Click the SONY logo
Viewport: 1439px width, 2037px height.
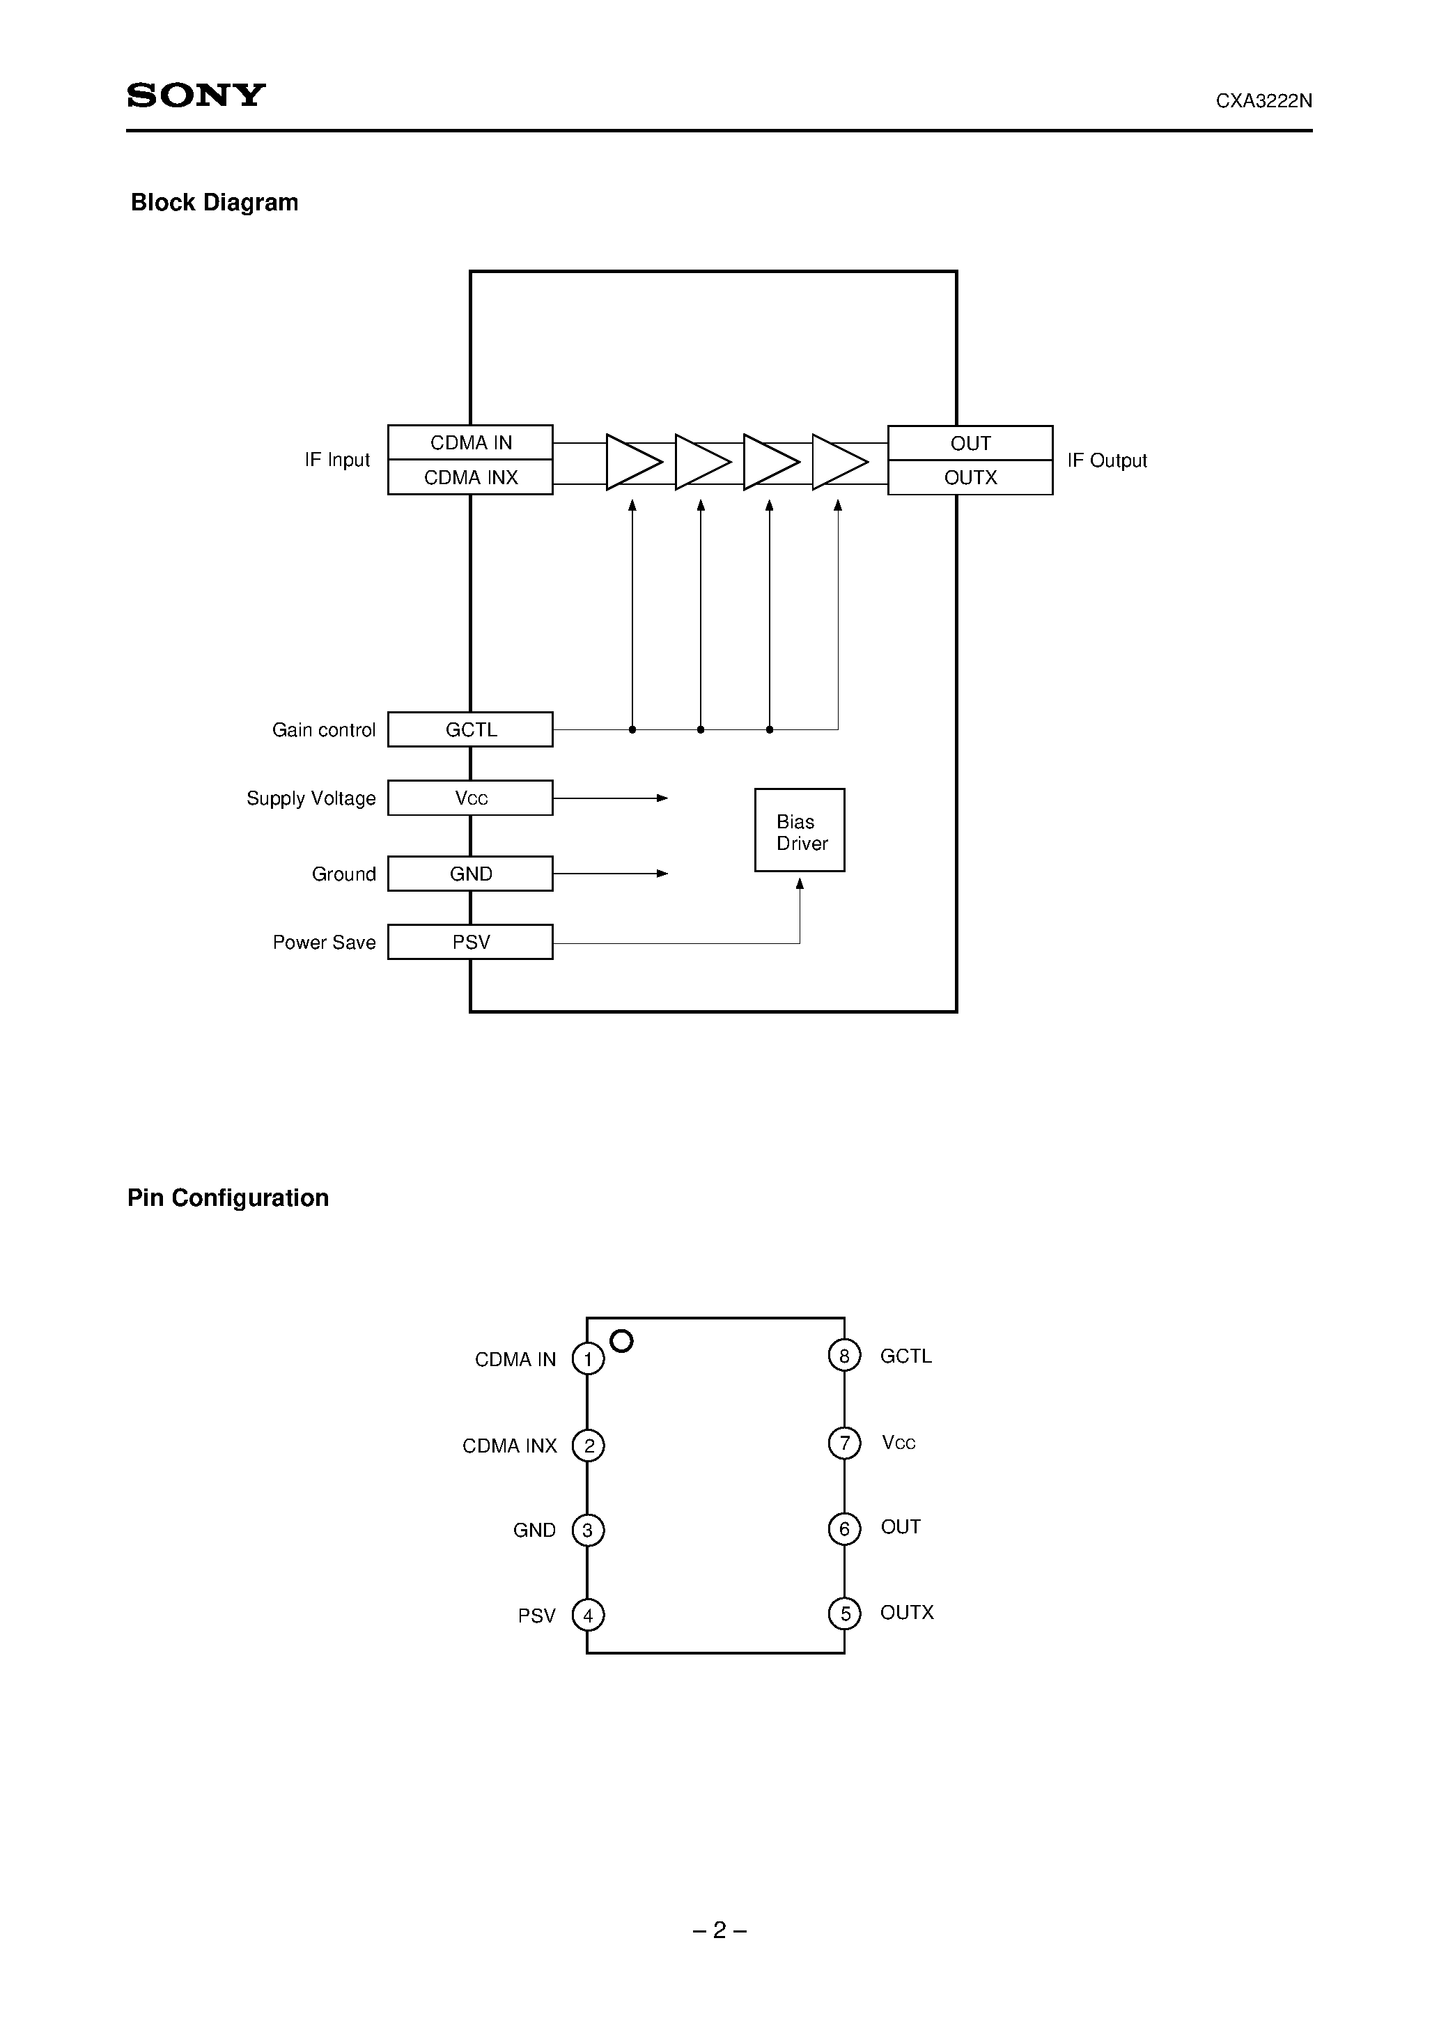tap(196, 95)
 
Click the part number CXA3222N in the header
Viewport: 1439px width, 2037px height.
tap(1263, 101)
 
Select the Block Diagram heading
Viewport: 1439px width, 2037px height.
tap(214, 202)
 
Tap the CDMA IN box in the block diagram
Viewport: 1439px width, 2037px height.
tap(470, 442)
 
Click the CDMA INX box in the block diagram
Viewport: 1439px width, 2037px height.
tap(470, 477)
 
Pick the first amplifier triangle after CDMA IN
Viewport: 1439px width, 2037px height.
tap(632, 461)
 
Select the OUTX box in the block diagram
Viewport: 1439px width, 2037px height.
tap(970, 477)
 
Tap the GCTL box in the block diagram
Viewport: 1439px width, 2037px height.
tap(470, 729)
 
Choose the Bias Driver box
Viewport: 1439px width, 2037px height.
tap(800, 830)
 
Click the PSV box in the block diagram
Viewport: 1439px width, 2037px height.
tap(470, 942)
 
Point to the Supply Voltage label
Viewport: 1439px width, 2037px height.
tap(311, 798)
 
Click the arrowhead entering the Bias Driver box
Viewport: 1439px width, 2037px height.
tap(800, 883)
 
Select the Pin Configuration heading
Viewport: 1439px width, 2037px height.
tap(228, 1198)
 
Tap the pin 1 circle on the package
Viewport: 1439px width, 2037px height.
tap(587, 1359)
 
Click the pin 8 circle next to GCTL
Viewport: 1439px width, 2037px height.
tap(843, 1356)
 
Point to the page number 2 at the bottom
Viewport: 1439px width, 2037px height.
tap(719, 1930)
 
